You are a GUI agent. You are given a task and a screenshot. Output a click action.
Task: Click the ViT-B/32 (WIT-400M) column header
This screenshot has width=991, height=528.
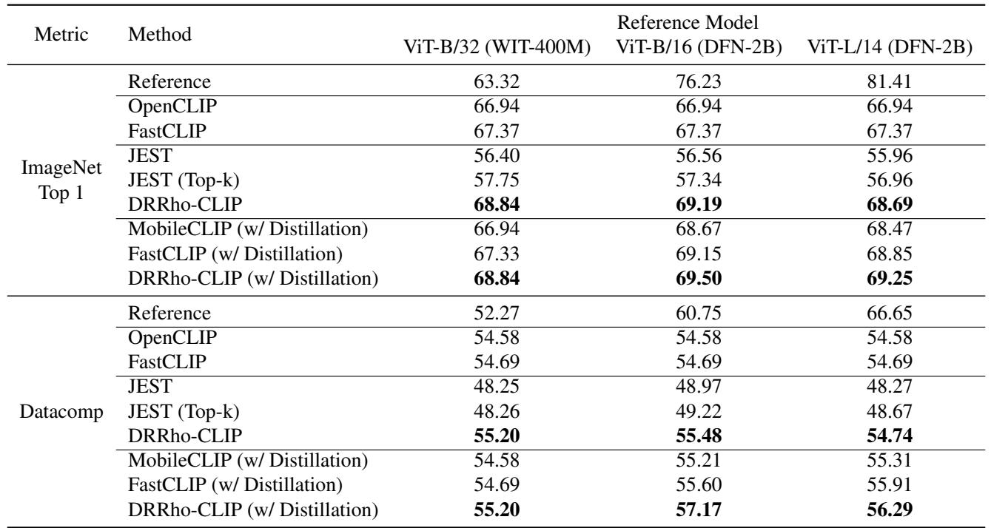click(x=493, y=47)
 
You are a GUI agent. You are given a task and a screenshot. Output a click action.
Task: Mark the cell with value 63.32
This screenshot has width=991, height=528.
click(x=493, y=81)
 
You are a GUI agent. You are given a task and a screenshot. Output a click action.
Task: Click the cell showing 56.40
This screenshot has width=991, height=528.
click(x=493, y=158)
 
